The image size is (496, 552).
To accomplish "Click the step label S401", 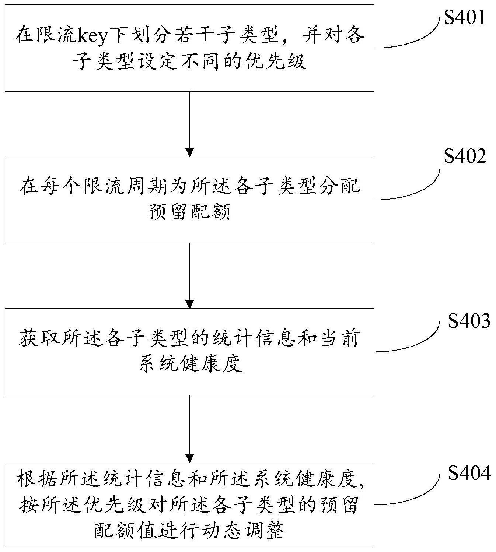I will pyautogui.click(x=464, y=17).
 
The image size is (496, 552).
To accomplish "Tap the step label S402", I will pyautogui.click(x=465, y=156).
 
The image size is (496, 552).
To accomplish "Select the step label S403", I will pyautogui.click(x=469, y=321).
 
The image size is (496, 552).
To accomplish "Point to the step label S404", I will pyautogui.click(x=469, y=473).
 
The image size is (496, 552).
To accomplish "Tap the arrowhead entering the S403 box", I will pyautogui.click(x=189, y=304).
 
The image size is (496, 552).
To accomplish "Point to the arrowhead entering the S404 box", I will pyautogui.click(x=189, y=458).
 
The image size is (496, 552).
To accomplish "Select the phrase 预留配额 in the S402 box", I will pyautogui.click(x=189, y=213).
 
